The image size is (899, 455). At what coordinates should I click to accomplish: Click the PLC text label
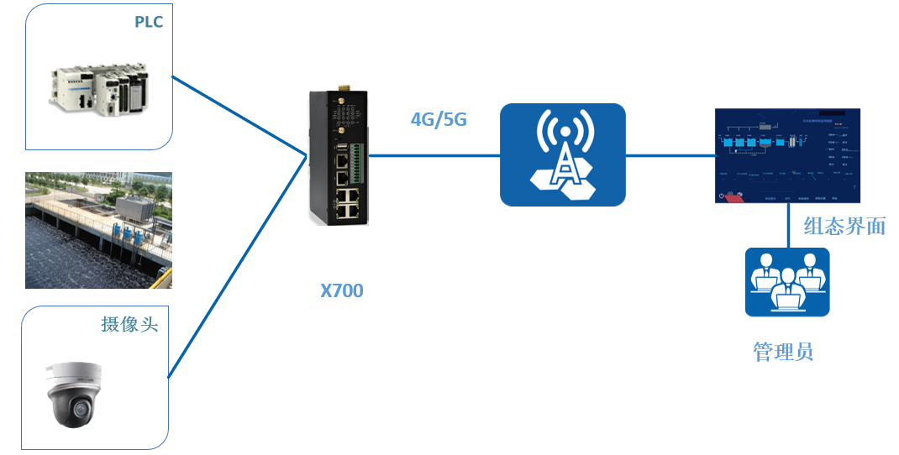pos(149,22)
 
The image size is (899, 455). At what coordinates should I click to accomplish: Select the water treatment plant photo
pos(98,230)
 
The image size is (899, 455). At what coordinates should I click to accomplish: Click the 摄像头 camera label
pos(129,324)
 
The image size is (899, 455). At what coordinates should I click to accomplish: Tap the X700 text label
pos(342,291)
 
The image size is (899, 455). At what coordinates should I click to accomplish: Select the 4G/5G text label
pos(439,119)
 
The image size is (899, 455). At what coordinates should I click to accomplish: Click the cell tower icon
pos(562,154)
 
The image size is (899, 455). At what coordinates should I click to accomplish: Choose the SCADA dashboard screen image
pos(788,156)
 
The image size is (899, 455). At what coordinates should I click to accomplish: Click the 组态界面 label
pos(844,226)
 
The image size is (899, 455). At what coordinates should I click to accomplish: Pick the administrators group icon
pos(787,281)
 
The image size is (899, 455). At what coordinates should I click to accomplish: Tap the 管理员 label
pos(783,351)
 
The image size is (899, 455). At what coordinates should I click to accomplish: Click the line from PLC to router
pos(239,116)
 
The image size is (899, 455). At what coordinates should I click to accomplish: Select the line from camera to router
pos(235,267)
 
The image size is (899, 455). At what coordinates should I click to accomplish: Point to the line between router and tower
pos(434,155)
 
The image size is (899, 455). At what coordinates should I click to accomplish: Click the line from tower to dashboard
pos(670,155)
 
